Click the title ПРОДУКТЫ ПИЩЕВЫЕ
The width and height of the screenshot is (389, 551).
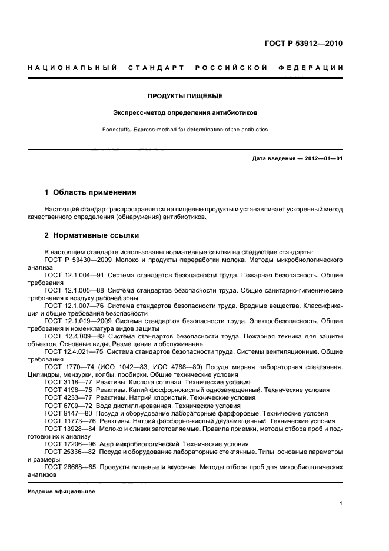(185, 95)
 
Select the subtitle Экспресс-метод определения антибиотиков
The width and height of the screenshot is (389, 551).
(185, 112)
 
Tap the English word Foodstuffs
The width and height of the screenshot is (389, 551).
(133, 129)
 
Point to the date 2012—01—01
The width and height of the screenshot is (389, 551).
(323, 158)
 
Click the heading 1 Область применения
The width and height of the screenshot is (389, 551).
(91, 192)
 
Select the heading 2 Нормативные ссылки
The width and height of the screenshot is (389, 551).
(92, 235)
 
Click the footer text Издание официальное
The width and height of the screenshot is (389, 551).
(61, 491)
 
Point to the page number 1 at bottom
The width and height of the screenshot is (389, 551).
(341, 503)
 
